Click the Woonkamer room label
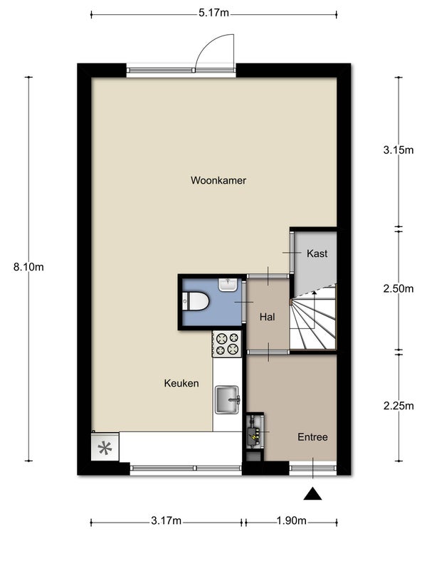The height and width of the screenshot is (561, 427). point(218,180)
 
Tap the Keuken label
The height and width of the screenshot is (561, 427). point(181,384)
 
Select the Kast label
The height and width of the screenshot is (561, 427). point(317,253)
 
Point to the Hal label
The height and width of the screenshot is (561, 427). point(267,317)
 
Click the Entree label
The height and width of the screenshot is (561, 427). point(312,437)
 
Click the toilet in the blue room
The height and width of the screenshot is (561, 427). point(195,302)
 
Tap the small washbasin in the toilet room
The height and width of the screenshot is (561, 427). point(228,285)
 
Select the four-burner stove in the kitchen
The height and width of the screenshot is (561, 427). point(227,343)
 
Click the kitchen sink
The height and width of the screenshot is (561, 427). point(228,399)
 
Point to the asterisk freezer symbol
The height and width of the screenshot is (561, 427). point(105,448)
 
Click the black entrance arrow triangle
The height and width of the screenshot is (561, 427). point(312,493)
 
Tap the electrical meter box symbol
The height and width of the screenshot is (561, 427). point(255,431)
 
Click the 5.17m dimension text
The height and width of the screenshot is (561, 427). point(213,14)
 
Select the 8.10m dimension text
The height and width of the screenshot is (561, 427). point(28,267)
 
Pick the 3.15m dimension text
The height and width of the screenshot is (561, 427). point(399,150)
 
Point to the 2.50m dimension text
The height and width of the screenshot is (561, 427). point(399,289)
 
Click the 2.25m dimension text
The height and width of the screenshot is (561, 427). point(399,406)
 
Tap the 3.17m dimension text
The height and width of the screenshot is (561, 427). point(166,521)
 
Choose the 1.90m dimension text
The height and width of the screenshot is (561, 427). point(291,521)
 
